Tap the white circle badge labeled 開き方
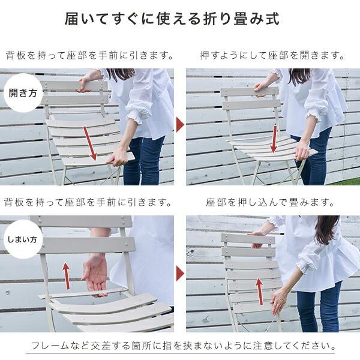pyautogui.click(x=23, y=93)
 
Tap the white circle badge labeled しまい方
pyautogui.click(x=23, y=239)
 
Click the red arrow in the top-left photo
pyautogui.click(x=90, y=143)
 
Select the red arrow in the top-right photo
pyautogui.click(x=274, y=139)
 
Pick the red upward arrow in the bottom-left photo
pyautogui.click(x=67, y=276)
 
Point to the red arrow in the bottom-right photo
pyautogui.click(x=259, y=292)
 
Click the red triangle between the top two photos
pyautogui.click(x=179, y=125)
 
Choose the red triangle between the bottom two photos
pyautogui.click(x=179, y=273)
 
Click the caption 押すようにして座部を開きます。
pyautogui.click(x=273, y=56)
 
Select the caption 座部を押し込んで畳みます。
pyautogui.click(x=273, y=202)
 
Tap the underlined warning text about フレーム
pyautogui.click(x=181, y=347)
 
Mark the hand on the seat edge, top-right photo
pyautogui.click(x=303, y=149)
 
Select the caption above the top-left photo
pyautogui.click(x=89, y=56)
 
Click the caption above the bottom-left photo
pyautogui.click(x=89, y=202)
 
